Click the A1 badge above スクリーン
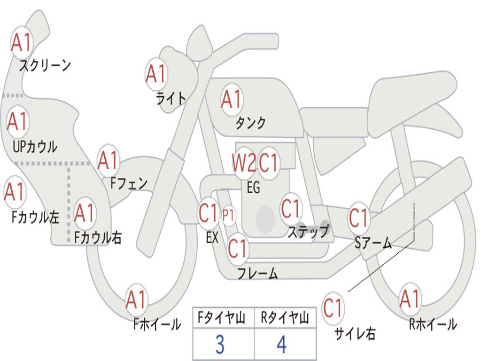[21, 43]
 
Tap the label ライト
[171, 98]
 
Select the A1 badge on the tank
[231, 100]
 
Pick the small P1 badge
[228, 216]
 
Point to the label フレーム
[257, 273]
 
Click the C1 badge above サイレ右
[333, 308]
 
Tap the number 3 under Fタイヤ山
[219, 345]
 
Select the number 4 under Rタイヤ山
[281, 345]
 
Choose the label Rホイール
[433, 324]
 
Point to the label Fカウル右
[98, 238]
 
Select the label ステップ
[308, 231]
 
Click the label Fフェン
[129, 183]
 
